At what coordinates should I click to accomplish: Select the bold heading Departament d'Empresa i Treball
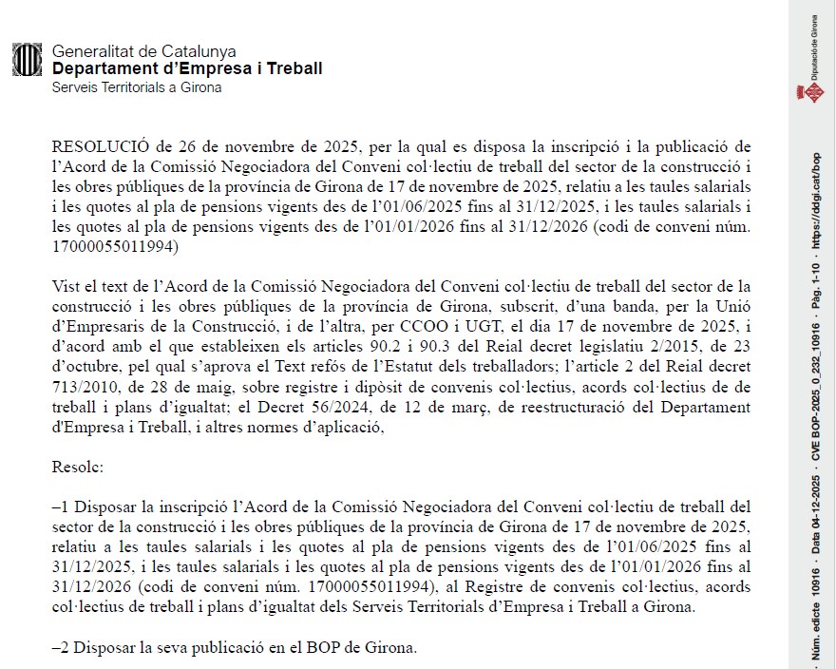coord(187,68)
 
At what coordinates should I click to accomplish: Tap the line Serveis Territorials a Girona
coord(137,87)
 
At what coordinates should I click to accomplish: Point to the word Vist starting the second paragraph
coord(66,286)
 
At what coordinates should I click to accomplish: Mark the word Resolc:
coord(78,467)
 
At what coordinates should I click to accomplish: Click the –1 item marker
coord(60,507)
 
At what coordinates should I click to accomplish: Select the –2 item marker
coord(60,649)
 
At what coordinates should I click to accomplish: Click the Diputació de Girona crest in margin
coord(814,92)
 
